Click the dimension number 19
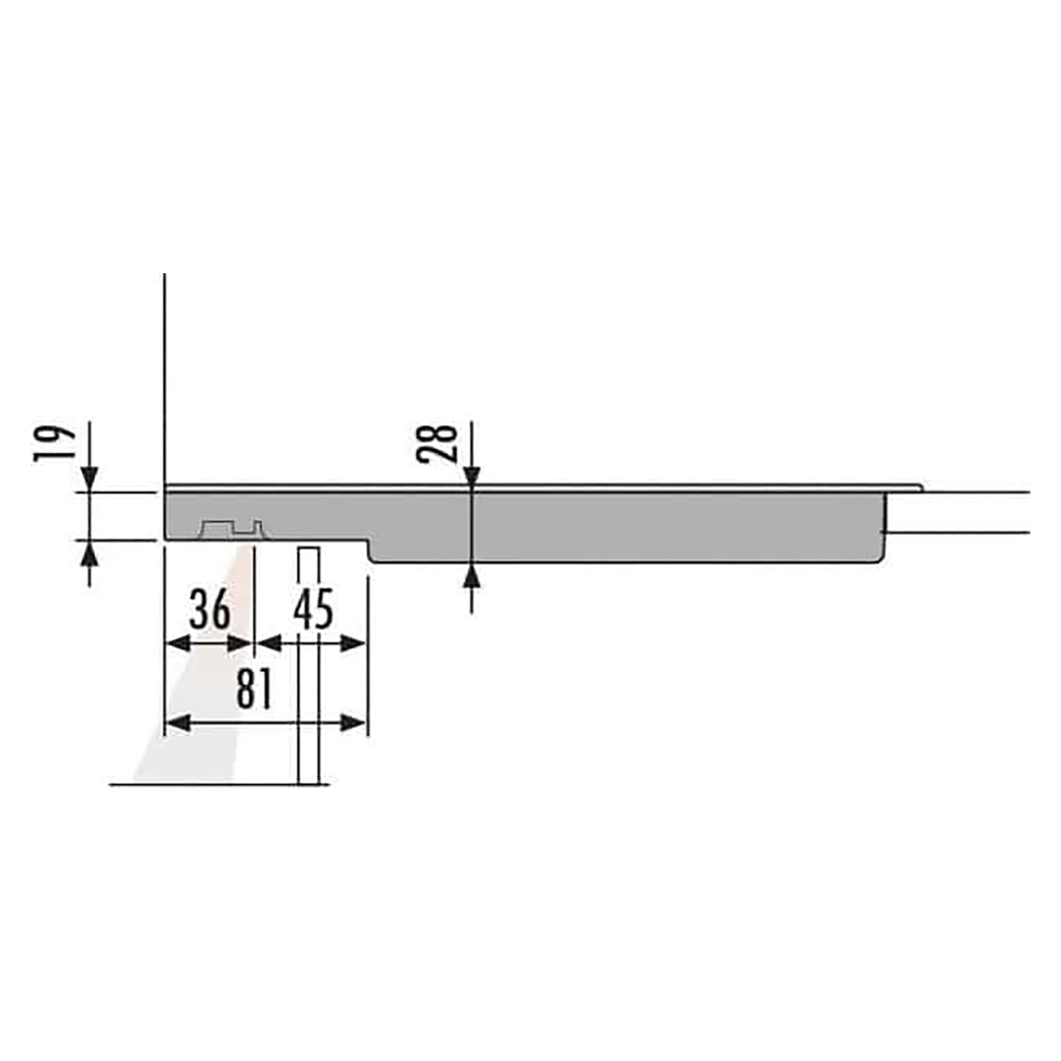coord(54,443)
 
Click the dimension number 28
coord(438,443)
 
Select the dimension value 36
coord(210,609)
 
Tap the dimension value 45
coord(313,609)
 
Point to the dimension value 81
coord(255,689)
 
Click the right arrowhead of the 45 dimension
coord(353,643)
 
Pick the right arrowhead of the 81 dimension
coord(353,723)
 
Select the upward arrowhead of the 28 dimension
coord(471,576)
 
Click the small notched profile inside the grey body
coord(232,529)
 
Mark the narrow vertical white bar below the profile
coord(309,663)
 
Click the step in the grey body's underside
coord(369,549)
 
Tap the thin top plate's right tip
coord(920,488)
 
